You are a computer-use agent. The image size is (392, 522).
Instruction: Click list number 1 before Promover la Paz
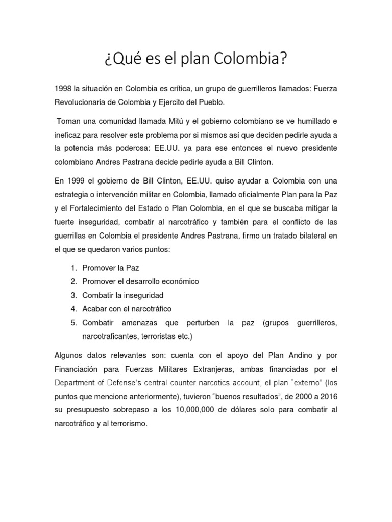click(74, 268)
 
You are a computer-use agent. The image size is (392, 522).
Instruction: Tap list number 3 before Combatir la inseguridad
click(74, 295)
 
